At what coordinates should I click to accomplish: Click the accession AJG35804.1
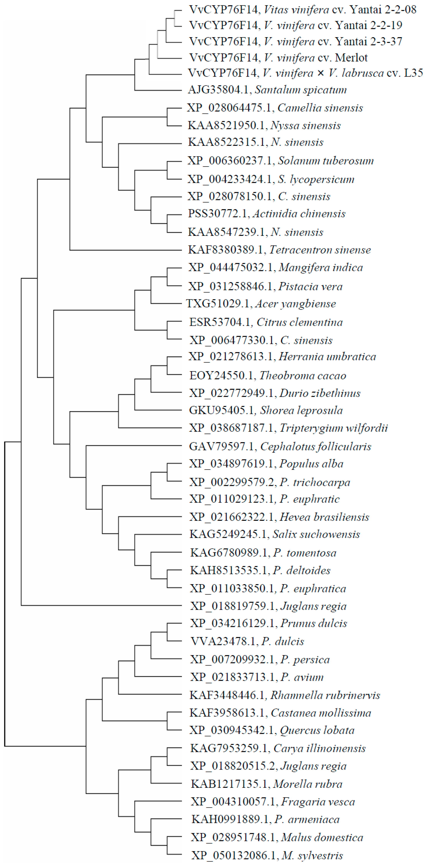pos(218,90)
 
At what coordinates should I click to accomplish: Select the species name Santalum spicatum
pos(300,90)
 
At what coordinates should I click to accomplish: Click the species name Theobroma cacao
pos(303,376)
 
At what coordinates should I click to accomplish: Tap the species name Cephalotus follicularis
pos(316,446)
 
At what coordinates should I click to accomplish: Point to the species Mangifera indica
pos(321,268)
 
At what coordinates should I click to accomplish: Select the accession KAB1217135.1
pos(229,784)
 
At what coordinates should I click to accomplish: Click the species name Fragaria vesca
pos(318,802)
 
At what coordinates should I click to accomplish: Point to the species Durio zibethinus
pos(320,393)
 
